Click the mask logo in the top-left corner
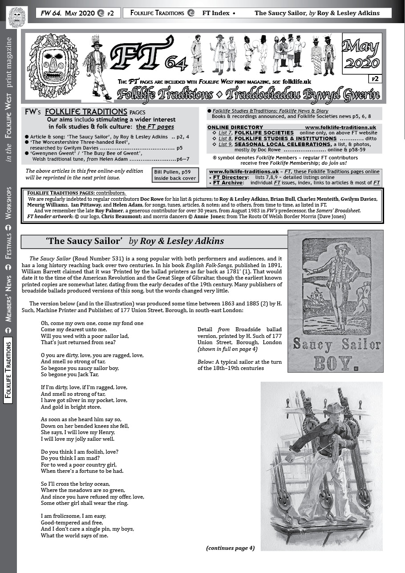tap(17, 17)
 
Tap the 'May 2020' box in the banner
tap(361, 54)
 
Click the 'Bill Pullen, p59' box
tap(168, 175)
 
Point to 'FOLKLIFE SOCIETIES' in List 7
tap(264, 133)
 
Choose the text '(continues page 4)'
tap(230, 548)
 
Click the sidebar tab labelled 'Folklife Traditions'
tap(8, 370)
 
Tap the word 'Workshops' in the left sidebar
tap(8, 203)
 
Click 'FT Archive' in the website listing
tap(227, 183)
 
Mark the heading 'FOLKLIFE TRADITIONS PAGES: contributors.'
tap(76, 193)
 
